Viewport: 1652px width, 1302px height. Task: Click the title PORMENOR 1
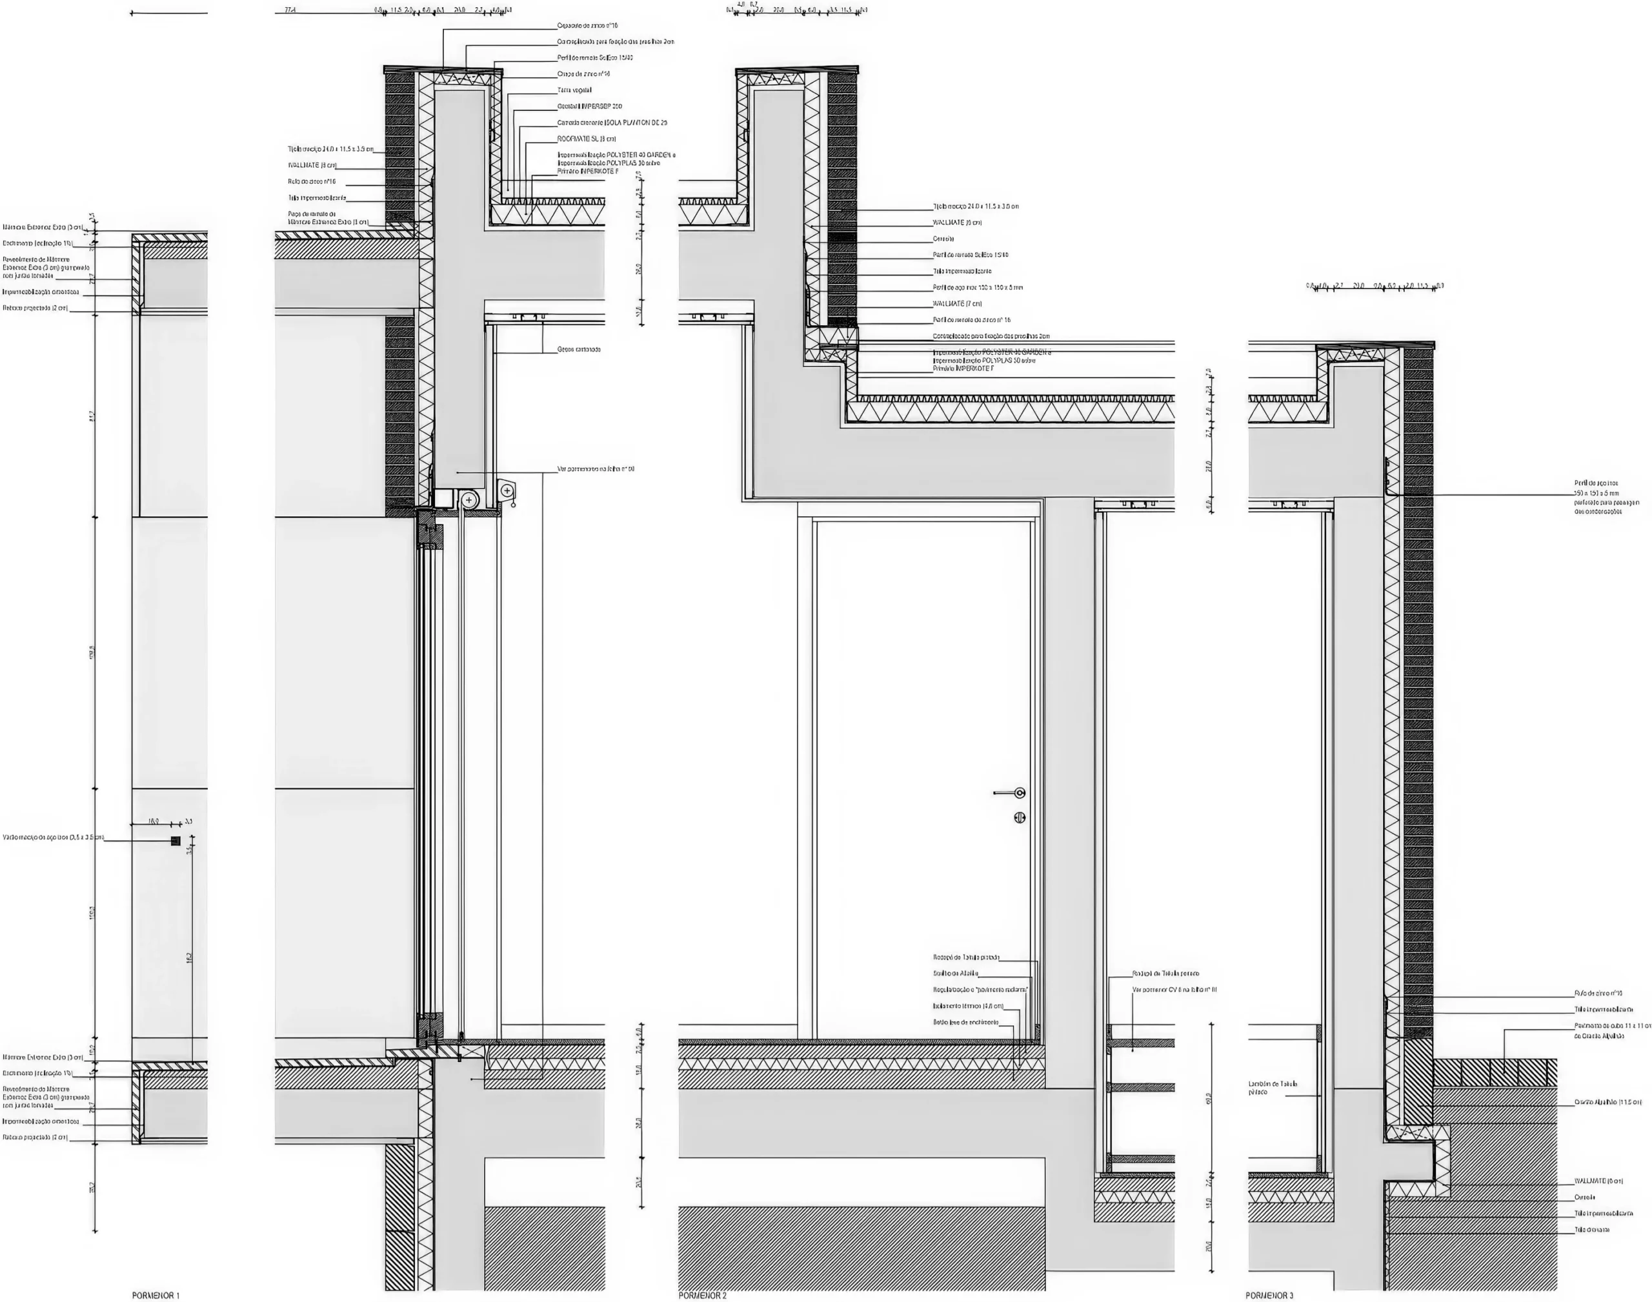click(156, 1295)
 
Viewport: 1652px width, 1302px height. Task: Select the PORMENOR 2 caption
click(702, 1295)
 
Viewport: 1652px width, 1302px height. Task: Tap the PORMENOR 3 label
click(1269, 1295)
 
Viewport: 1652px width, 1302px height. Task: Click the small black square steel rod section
click(176, 841)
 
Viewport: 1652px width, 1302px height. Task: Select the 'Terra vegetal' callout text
click(574, 90)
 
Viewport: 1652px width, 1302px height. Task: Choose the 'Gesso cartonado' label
click(579, 349)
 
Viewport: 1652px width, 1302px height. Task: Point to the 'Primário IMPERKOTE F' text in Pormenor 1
click(588, 172)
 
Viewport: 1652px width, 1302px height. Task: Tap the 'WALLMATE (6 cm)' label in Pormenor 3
click(1598, 1181)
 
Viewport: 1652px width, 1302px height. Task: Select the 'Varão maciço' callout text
click(54, 837)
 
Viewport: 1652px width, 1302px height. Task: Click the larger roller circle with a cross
click(469, 500)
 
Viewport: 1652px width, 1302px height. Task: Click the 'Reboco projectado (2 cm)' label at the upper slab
click(36, 308)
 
